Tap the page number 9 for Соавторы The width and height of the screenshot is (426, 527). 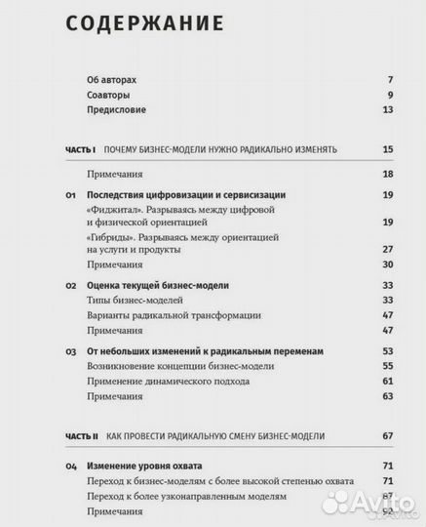point(389,95)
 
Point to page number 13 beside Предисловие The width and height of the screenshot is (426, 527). point(387,110)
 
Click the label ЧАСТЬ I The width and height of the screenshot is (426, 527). point(77,149)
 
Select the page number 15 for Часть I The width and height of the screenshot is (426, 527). point(387,149)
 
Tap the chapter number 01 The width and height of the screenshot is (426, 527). point(70,195)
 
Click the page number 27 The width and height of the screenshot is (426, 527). point(387,250)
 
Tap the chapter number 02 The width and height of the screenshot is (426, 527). point(70,285)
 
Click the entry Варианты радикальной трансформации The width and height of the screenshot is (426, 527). point(173,315)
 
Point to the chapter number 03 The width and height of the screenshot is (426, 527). point(70,349)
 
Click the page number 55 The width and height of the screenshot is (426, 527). point(387,365)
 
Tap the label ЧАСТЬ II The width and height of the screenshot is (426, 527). point(79,435)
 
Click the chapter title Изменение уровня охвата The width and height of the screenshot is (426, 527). point(146,466)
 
